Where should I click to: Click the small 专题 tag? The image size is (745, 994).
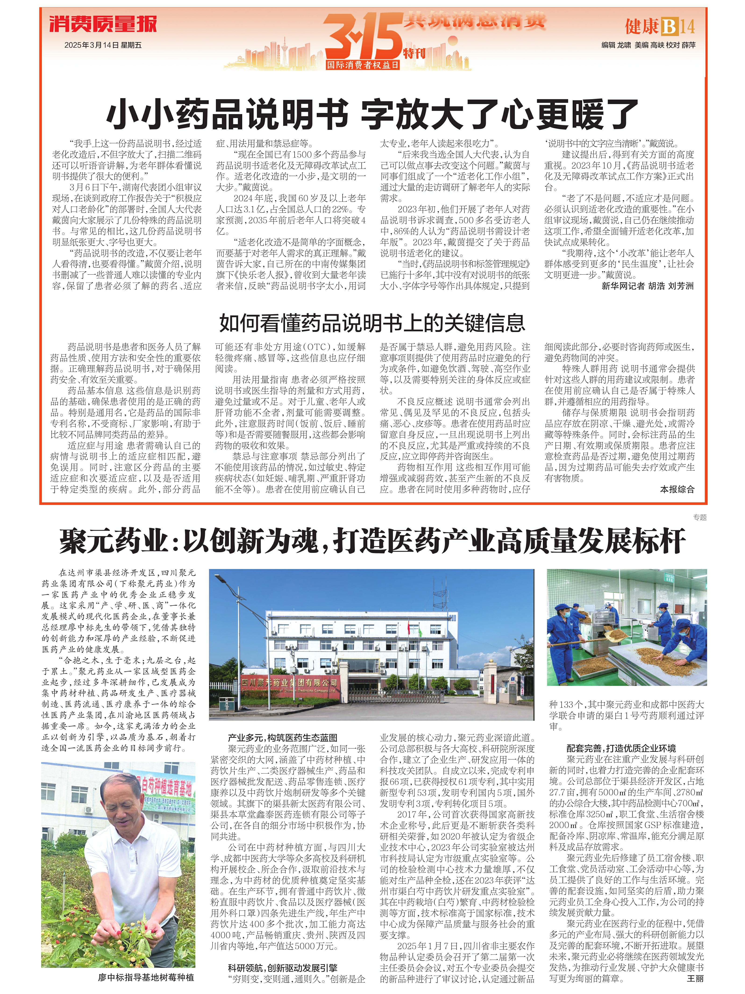coord(699,517)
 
